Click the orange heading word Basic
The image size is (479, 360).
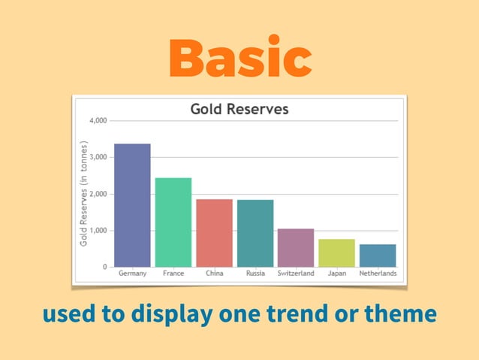point(239,58)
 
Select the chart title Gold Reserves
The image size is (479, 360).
point(239,109)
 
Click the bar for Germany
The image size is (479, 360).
point(132,205)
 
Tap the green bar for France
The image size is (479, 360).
point(173,222)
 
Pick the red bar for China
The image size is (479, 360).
point(214,233)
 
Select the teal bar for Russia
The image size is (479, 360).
point(255,233)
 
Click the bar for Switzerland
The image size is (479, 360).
point(296,248)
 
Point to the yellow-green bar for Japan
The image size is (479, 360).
point(336,253)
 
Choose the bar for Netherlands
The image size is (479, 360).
point(378,256)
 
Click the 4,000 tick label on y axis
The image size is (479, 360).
point(98,120)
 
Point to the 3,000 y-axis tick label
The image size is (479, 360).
point(98,157)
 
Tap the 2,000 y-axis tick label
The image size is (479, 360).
point(98,194)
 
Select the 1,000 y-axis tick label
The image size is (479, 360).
point(98,231)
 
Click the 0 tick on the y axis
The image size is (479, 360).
point(104,267)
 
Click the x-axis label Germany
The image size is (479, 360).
point(132,274)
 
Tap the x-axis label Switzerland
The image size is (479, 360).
point(296,274)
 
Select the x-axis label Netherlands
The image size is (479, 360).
point(378,274)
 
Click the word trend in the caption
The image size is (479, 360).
point(288,313)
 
